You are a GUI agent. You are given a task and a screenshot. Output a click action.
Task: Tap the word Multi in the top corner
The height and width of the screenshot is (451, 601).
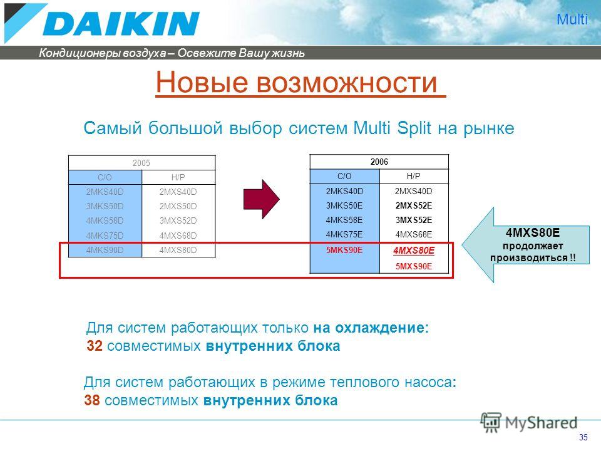[x=572, y=19]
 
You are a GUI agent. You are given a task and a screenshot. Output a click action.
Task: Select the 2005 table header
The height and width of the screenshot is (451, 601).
[x=141, y=163]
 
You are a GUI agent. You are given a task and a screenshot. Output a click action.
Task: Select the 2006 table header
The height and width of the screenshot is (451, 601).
[x=379, y=162]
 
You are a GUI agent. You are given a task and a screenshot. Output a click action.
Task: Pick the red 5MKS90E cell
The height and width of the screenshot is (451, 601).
[x=344, y=250]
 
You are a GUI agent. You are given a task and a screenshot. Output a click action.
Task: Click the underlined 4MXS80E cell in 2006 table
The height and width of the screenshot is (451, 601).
[x=414, y=251]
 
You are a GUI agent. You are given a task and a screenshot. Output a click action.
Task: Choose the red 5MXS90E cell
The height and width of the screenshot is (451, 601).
[x=414, y=266]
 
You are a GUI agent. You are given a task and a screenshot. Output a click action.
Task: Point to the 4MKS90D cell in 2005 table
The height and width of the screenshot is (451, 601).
[x=105, y=250]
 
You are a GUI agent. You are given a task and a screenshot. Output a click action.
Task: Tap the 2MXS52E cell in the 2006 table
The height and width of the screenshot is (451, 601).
[x=414, y=205]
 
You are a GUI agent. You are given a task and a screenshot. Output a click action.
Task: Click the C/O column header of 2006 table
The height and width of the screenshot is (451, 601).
[x=344, y=176]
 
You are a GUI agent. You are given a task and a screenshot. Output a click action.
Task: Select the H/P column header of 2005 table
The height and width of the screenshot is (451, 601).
[x=178, y=177]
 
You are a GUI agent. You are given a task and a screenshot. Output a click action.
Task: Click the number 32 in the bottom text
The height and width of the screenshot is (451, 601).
[x=95, y=346]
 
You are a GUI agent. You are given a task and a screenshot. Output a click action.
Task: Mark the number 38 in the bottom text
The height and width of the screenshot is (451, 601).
[x=92, y=400]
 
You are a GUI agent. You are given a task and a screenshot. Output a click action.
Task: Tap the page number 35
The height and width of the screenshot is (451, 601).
[x=583, y=437]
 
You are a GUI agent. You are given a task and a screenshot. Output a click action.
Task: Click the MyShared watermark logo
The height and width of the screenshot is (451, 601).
[x=528, y=423]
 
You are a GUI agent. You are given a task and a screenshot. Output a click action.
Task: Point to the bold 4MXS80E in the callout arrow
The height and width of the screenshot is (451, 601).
[x=533, y=232]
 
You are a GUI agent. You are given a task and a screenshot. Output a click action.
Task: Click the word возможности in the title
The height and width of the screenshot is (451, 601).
[x=346, y=82]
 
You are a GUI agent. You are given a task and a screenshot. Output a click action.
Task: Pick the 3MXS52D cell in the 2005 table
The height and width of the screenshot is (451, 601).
[x=178, y=220]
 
